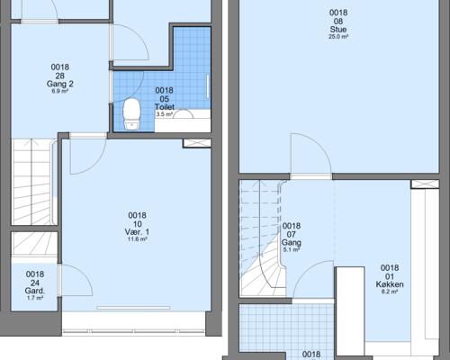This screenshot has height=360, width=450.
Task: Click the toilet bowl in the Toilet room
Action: (132, 114)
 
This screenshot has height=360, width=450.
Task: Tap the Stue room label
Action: (338, 30)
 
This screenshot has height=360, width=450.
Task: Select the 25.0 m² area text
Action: (338, 37)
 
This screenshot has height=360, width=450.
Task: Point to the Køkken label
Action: (390, 284)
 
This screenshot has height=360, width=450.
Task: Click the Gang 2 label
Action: (60, 84)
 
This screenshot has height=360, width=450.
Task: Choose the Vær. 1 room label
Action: (137, 232)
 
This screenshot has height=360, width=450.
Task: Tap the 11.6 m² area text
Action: (137, 239)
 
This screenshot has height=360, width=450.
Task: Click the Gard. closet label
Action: (35, 291)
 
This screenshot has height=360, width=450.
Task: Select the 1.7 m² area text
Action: (35, 298)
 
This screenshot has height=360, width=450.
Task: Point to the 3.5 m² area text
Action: (165, 114)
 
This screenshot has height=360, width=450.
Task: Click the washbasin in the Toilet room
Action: (183, 114)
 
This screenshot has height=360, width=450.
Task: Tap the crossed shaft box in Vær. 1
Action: (197, 143)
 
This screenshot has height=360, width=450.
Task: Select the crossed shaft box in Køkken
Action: (425, 184)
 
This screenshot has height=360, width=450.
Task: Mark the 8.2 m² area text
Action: (390, 292)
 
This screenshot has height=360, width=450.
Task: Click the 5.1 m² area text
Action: (292, 249)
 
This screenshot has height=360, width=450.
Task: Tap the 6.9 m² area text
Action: (60, 91)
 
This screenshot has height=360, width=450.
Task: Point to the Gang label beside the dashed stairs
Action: (292, 242)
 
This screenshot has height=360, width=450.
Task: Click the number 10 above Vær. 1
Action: (138, 224)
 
